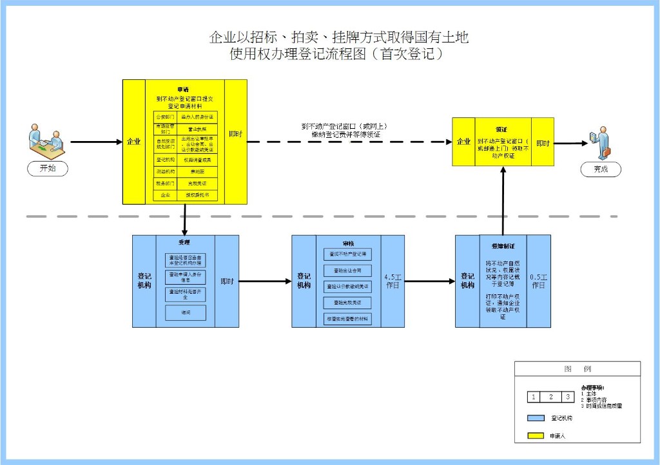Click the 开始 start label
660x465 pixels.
point(48,169)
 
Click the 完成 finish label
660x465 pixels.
point(601,169)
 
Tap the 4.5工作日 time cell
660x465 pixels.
point(393,281)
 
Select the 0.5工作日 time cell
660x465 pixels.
point(539,281)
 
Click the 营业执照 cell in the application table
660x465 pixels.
point(198,129)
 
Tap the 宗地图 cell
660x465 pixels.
point(198,171)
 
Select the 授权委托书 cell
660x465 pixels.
point(198,195)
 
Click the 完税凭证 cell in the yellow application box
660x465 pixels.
point(198,184)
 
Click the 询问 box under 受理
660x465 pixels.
point(185,312)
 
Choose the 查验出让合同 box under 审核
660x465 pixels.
point(348,270)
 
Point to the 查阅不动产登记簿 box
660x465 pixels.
point(348,254)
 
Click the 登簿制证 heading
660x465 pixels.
point(502,246)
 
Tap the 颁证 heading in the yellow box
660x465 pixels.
point(502,128)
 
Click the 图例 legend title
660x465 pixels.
point(577,369)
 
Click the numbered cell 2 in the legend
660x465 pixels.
point(551,397)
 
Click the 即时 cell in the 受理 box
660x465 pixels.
point(227,281)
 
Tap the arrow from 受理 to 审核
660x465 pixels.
point(264,281)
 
